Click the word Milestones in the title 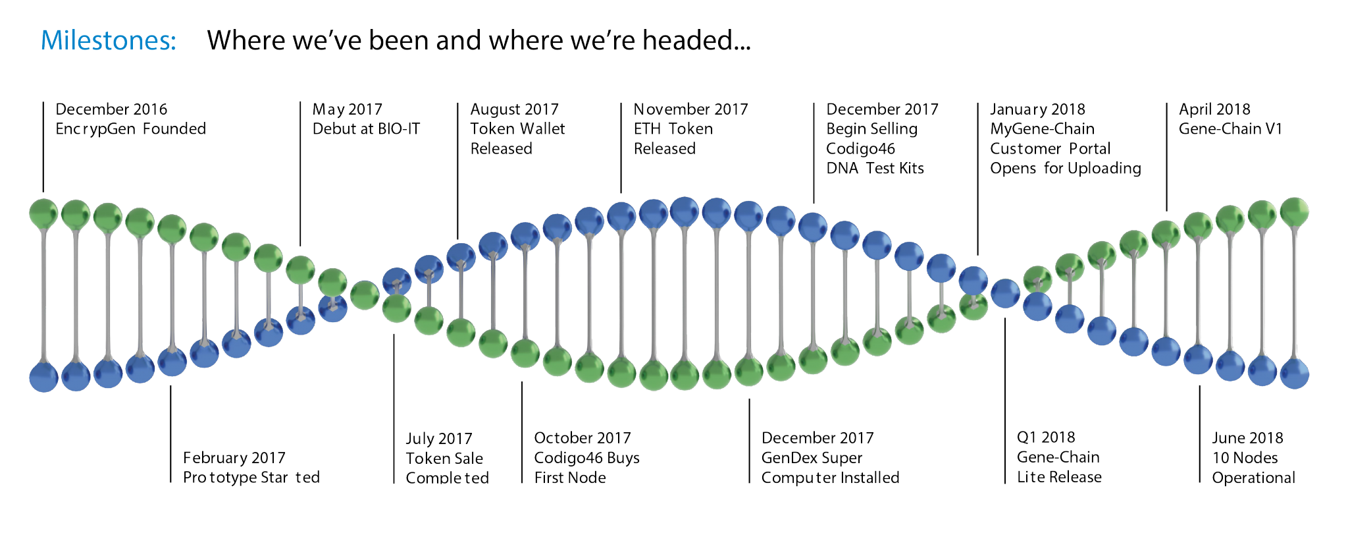pyautogui.click(x=109, y=40)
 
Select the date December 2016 pyautogui.click(x=111, y=109)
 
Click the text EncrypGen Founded pyautogui.click(x=130, y=129)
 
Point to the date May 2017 pyautogui.click(x=347, y=109)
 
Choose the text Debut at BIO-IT pyautogui.click(x=366, y=129)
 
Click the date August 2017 pyautogui.click(x=514, y=109)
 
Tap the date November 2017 pyautogui.click(x=690, y=109)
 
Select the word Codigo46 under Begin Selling pyautogui.click(x=860, y=149)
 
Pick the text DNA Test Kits pyautogui.click(x=875, y=169)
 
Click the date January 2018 pyautogui.click(x=1037, y=109)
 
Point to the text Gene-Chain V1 pyautogui.click(x=1230, y=129)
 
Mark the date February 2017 pyautogui.click(x=234, y=458)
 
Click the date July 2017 pyautogui.click(x=439, y=439)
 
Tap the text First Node pyautogui.click(x=570, y=478)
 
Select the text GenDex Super pyautogui.click(x=812, y=458)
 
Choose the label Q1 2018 pyautogui.click(x=1046, y=437)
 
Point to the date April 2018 pyautogui.click(x=1214, y=109)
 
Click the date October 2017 pyautogui.click(x=582, y=438)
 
